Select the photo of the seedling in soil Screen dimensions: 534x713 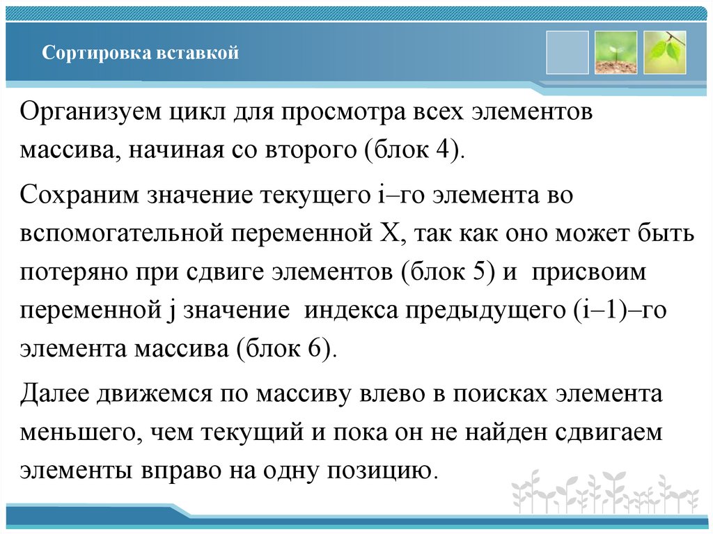tap(616, 52)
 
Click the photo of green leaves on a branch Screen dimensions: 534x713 tap(664, 52)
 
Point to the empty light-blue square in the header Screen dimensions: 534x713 tap(567, 52)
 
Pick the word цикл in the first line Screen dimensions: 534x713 tap(206, 113)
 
